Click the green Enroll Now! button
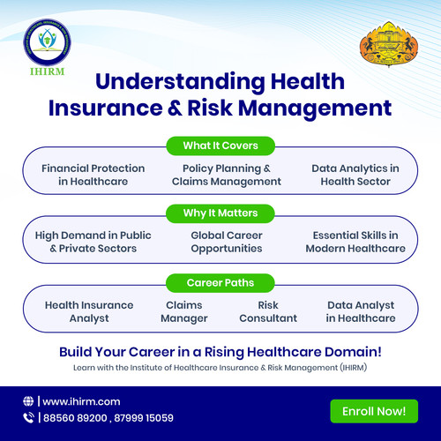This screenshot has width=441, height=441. (373, 410)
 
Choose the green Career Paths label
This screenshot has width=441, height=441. (220, 283)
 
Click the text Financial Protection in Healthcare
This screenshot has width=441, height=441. (86, 174)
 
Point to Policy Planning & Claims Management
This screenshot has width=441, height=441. (227, 174)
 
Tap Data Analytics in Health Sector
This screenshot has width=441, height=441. (355, 174)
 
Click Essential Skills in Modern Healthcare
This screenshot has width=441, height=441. (355, 243)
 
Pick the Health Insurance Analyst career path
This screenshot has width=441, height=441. (89, 311)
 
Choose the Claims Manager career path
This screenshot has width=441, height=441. (184, 311)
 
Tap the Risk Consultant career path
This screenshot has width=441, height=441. (268, 311)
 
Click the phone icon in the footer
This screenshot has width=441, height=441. (29, 418)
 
